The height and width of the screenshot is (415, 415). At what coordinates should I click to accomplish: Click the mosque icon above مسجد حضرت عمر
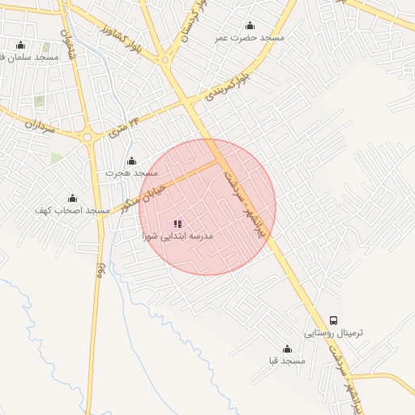pos(249,26)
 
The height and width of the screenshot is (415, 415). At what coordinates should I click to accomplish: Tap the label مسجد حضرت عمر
pos(249,38)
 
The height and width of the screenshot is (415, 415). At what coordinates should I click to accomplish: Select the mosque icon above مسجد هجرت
pos(132,161)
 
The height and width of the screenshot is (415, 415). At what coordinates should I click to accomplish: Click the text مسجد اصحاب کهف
pos(72,211)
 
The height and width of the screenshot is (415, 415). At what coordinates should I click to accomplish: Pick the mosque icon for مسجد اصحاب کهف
pos(72,199)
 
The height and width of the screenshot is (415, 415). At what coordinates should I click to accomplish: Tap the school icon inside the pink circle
pos(178,224)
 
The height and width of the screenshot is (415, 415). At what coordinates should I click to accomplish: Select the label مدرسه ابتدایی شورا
pos(178,237)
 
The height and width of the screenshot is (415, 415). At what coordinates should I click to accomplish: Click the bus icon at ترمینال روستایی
pos(335,320)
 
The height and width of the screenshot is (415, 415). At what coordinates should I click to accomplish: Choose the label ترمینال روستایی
pos(335,333)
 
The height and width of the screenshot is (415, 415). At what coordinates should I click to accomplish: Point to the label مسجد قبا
pos(287,361)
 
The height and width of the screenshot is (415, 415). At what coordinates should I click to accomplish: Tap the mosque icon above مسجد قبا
pos(287,349)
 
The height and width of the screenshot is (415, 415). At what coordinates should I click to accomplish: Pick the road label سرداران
pos(38,126)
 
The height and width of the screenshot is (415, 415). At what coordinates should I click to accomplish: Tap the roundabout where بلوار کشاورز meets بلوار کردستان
pos(166,59)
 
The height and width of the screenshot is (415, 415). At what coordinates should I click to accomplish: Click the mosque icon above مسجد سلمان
pos(20,45)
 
